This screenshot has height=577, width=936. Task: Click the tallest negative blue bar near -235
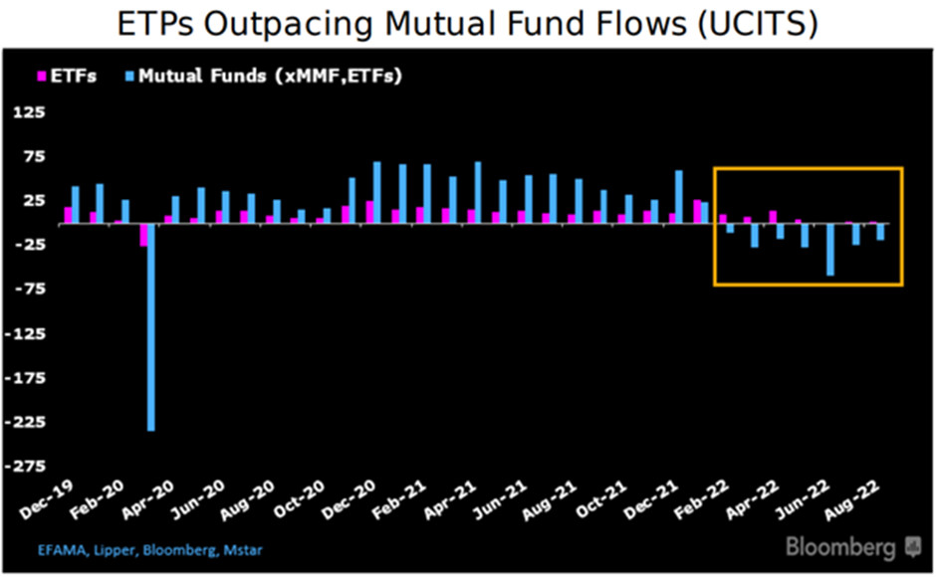(x=151, y=328)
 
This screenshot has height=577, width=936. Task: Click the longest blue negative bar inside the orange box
(x=829, y=250)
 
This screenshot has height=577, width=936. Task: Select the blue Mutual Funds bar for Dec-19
(x=75, y=205)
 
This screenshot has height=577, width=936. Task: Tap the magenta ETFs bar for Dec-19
(x=68, y=215)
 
